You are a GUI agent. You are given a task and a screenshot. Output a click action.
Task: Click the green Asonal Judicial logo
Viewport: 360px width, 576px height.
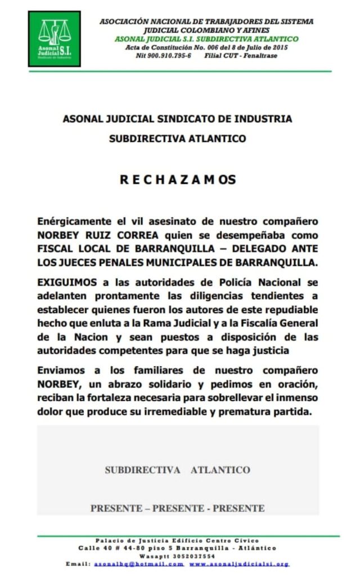click(x=55, y=38)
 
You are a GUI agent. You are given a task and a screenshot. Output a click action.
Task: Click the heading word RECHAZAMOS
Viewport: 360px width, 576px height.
click(x=178, y=180)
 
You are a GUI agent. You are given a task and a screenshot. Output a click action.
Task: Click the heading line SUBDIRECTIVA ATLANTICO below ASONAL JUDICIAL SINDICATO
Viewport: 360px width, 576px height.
click(x=177, y=138)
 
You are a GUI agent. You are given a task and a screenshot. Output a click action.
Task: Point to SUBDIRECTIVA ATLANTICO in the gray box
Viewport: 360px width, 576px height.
click(x=177, y=470)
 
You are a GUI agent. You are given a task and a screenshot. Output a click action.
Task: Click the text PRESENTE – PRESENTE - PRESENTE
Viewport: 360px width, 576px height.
click(x=177, y=508)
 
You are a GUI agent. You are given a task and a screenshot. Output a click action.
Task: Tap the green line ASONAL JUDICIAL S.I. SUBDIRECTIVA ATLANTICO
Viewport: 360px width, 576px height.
click(x=206, y=39)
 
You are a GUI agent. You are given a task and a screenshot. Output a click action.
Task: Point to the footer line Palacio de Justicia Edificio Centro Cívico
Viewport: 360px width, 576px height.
click(x=178, y=539)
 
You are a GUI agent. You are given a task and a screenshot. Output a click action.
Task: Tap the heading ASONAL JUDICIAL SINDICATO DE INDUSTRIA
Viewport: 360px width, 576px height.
click(x=177, y=119)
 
